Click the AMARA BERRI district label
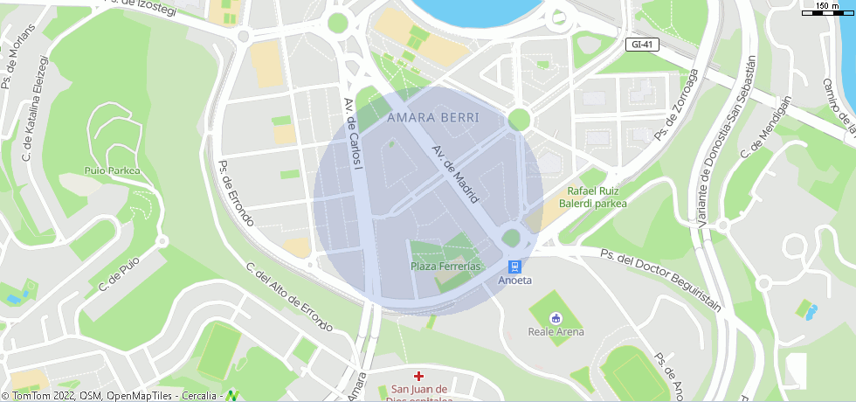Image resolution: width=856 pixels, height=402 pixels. click(432, 117)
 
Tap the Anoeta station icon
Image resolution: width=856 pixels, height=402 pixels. click(515, 266)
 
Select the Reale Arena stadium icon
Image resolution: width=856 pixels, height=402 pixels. click(556, 318)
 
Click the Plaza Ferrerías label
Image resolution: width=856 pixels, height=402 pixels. click(445, 266)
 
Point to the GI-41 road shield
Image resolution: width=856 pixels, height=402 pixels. click(641, 44)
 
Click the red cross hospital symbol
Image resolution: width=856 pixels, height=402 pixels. click(419, 376)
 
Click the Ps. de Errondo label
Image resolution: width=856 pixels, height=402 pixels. click(236, 192)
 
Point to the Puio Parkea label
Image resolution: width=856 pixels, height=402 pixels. click(113, 170)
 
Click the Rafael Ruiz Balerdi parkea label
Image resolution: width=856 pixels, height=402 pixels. click(597, 197)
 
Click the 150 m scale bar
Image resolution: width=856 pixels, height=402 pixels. click(826, 10)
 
